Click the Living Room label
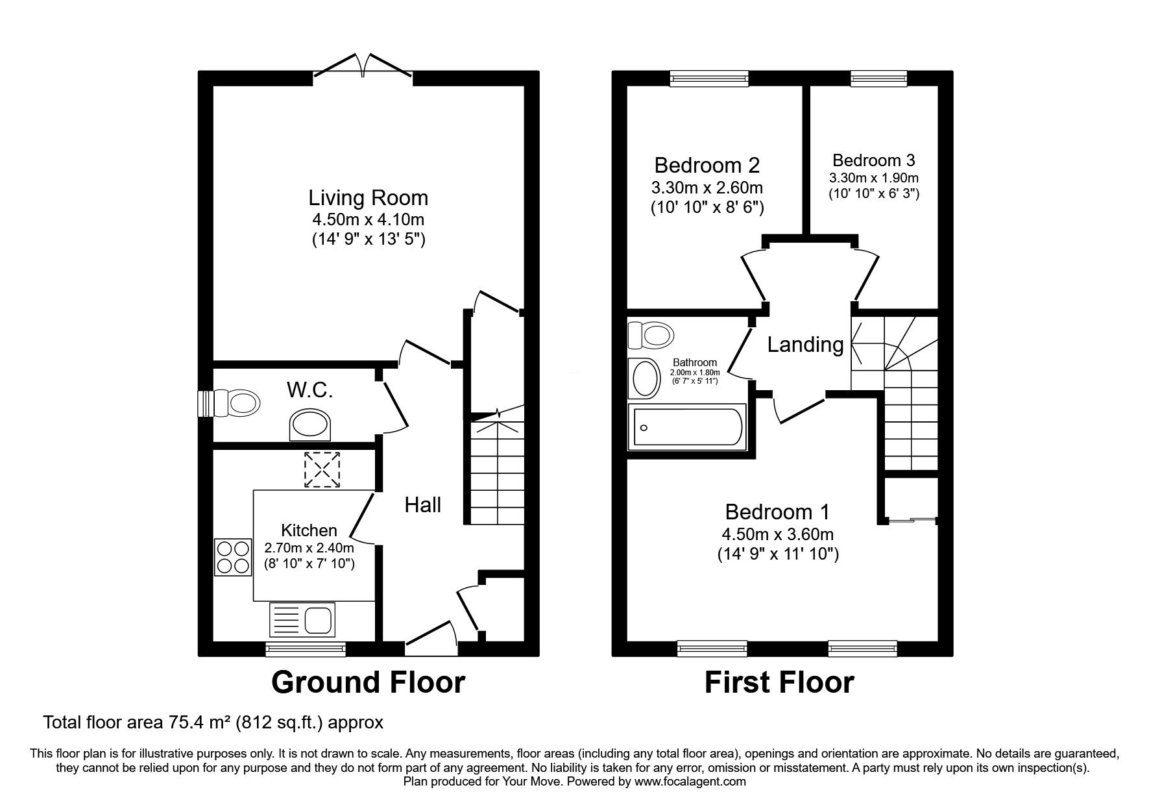click(368, 197)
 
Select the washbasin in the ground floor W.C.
click(310, 425)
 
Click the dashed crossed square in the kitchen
click(322, 470)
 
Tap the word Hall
click(423, 505)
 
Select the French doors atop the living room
click(363, 68)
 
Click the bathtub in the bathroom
click(688, 426)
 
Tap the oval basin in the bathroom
click(644, 379)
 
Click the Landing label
click(805, 345)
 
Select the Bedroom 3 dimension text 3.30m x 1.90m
click(873, 178)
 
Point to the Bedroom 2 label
click(707, 165)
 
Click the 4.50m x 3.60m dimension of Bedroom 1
click(777, 534)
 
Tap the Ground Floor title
click(368, 682)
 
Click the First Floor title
click(779, 682)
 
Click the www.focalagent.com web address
click(690, 782)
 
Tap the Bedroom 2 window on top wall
click(709, 79)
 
